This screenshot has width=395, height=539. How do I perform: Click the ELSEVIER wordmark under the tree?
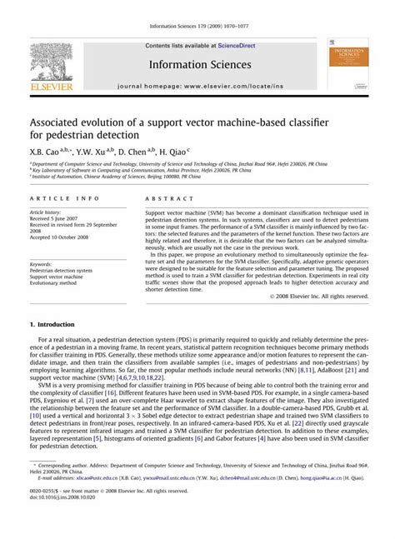point(52,85)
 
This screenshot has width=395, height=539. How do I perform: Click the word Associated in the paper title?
point(60,122)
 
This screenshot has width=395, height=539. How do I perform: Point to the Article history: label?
point(47,212)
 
